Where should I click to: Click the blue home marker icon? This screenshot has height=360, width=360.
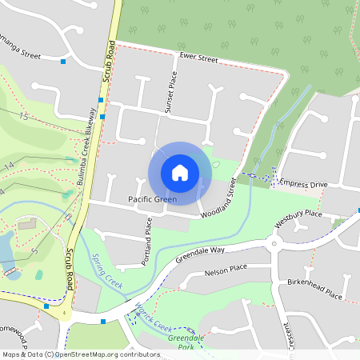pos(180,172)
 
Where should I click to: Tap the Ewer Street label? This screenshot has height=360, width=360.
pos(198,58)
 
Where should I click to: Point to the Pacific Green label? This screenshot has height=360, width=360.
pos(152,198)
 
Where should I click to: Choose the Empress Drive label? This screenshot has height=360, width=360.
pos(303,184)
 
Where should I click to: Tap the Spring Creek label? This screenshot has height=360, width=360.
pos(107,272)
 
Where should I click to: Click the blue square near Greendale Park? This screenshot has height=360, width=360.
pos(103,322)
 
